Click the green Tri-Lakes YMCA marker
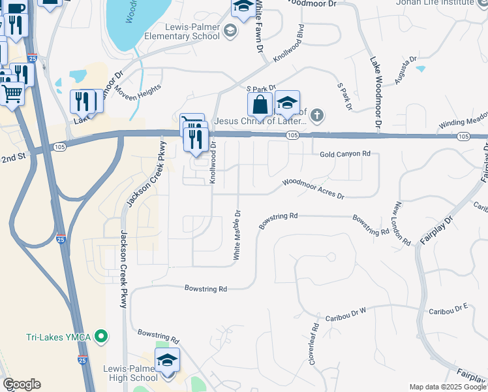(x=100, y=337)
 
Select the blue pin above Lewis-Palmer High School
(x=167, y=361)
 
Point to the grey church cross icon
(x=316, y=116)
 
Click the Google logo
(x=21, y=384)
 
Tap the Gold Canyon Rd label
(x=345, y=154)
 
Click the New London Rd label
(x=402, y=223)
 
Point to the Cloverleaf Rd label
(x=313, y=344)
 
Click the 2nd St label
(x=12, y=159)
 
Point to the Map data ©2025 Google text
(x=448, y=387)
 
